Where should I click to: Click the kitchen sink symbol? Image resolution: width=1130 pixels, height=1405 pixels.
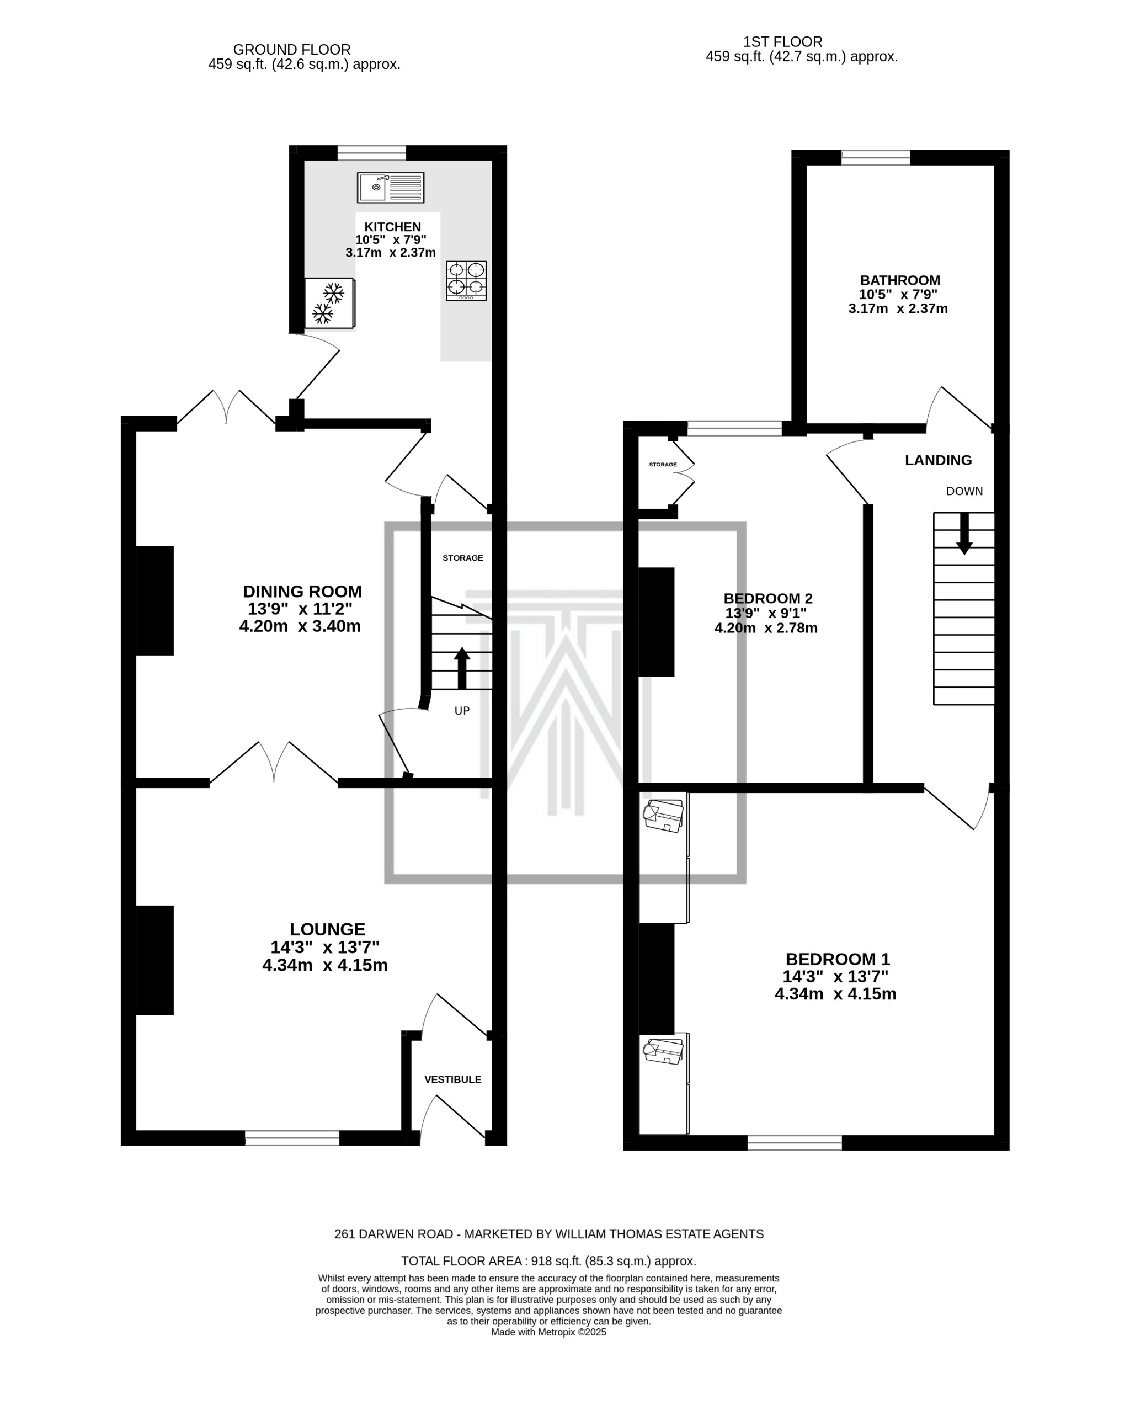click(390, 188)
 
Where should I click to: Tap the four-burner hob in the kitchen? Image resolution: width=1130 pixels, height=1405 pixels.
click(466, 280)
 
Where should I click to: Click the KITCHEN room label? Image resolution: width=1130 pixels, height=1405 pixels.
click(392, 227)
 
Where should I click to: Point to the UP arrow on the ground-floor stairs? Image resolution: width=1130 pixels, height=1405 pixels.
click(461, 668)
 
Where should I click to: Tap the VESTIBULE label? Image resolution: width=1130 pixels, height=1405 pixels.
click(453, 1080)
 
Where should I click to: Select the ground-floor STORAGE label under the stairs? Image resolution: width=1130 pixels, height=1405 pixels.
click(463, 558)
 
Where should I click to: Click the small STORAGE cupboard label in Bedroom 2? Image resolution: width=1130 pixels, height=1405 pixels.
click(663, 465)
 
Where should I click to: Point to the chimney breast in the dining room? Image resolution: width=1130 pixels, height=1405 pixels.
click(155, 600)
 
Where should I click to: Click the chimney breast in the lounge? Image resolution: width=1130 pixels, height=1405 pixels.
click(155, 960)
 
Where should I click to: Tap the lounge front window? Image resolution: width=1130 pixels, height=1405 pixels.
click(292, 1138)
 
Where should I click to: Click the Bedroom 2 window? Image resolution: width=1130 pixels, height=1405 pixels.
click(734, 428)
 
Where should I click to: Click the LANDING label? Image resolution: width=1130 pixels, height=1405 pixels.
click(938, 460)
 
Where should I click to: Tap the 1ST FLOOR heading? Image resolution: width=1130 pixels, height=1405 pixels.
click(782, 42)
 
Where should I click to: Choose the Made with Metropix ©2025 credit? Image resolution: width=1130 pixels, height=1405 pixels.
click(548, 1332)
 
